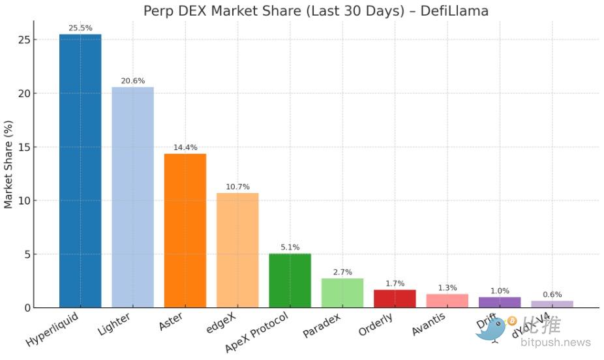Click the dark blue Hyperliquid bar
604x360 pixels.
(x=80, y=171)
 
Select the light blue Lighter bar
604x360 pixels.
(x=132, y=197)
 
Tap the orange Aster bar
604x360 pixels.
(x=185, y=230)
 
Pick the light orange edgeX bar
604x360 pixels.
(x=237, y=250)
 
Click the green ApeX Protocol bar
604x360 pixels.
(x=290, y=280)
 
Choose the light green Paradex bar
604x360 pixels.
(x=342, y=293)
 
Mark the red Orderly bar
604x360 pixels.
(x=395, y=298)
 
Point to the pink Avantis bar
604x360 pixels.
(x=447, y=301)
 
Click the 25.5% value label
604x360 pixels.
(x=80, y=28)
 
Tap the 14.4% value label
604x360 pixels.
(x=185, y=147)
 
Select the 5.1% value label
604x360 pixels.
(x=290, y=247)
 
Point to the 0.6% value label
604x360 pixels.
(x=552, y=295)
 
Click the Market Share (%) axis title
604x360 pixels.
(x=8, y=164)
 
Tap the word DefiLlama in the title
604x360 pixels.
(x=457, y=10)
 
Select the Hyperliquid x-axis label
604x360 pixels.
(x=52, y=331)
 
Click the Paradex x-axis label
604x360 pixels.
(x=323, y=325)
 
